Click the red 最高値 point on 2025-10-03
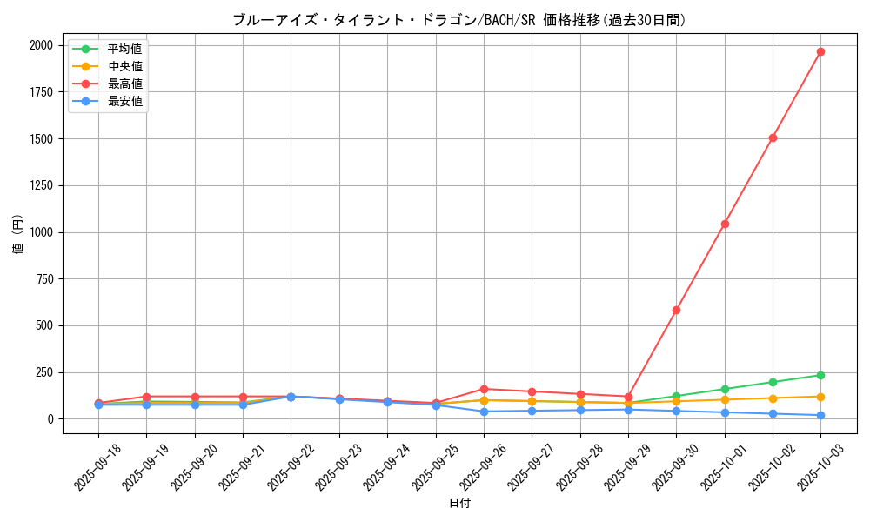820,51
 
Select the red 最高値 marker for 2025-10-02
773,137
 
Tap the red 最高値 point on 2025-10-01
725,224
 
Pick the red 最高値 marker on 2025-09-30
676,310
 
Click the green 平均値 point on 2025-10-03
820,375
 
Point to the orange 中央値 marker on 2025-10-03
820,397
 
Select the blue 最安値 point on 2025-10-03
820,415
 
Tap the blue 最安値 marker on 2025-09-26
484,412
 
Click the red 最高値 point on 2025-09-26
484,389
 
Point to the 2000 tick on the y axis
41,45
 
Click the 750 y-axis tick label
44,279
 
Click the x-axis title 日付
459,504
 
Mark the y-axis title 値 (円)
18,235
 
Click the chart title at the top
459,20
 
